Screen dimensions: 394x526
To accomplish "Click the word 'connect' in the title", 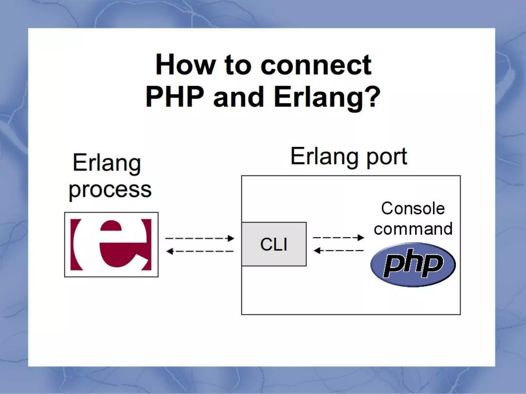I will click(x=316, y=65).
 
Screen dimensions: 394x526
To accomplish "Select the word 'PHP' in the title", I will click(x=174, y=97).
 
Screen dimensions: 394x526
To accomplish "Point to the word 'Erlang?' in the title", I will click(x=327, y=98).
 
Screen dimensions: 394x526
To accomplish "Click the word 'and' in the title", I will click(x=239, y=97).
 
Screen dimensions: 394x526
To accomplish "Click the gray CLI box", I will click(x=274, y=244).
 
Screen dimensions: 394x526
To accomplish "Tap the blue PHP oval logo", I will click(x=413, y=264).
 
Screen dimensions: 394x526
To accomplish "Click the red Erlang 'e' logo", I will click(x=111, y=244).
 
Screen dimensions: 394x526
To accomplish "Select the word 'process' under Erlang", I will click(x=110, y=190).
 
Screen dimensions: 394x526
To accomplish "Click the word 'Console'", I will click(x=413, y=208).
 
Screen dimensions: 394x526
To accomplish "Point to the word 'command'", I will click(x=413, y=229).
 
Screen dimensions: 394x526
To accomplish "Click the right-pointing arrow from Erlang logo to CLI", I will click(x=200, y=238).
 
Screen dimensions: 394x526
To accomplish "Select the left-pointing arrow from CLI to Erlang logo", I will click(x=200, y=251).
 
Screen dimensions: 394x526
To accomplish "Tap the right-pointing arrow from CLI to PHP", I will click(x=338, y=238).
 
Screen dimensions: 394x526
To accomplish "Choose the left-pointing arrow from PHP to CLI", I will click(x=338, y=250).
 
